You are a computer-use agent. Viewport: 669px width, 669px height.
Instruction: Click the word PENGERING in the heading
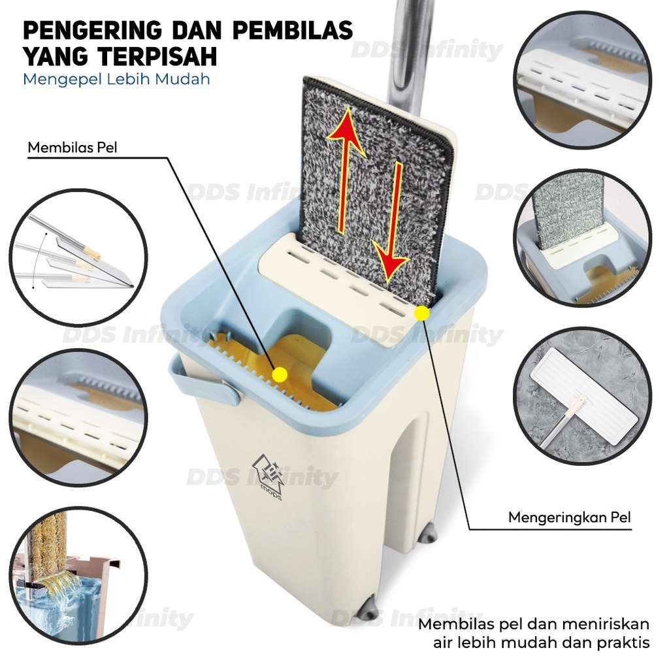(93, 30)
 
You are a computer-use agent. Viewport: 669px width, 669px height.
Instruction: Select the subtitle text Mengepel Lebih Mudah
(116, 79)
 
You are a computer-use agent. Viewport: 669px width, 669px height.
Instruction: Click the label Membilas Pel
(72, 148)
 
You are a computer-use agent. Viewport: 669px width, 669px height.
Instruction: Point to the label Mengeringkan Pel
(570, 517)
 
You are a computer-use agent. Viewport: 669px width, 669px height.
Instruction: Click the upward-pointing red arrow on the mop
(346, 170)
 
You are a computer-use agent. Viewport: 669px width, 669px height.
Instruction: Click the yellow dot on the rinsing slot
(280, 374)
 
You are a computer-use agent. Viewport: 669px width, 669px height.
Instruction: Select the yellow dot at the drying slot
(421, 313)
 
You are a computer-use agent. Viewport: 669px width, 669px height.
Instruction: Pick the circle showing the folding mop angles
(78, 257)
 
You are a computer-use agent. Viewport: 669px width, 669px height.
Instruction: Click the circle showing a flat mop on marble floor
(582, 396)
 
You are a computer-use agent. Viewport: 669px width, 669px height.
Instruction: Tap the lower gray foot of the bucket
(367, 609)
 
